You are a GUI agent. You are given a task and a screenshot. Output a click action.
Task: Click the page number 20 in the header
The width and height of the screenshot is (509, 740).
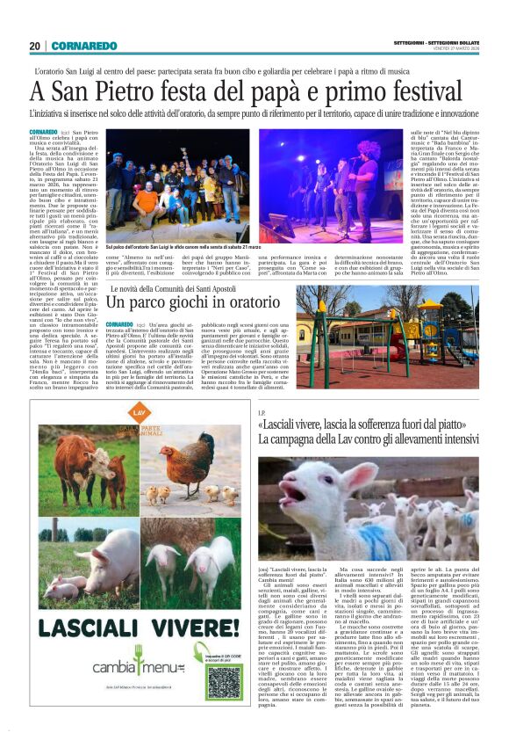(35, 46)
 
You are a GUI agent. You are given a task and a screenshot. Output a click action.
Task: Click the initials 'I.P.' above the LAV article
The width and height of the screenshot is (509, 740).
(262, 413)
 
